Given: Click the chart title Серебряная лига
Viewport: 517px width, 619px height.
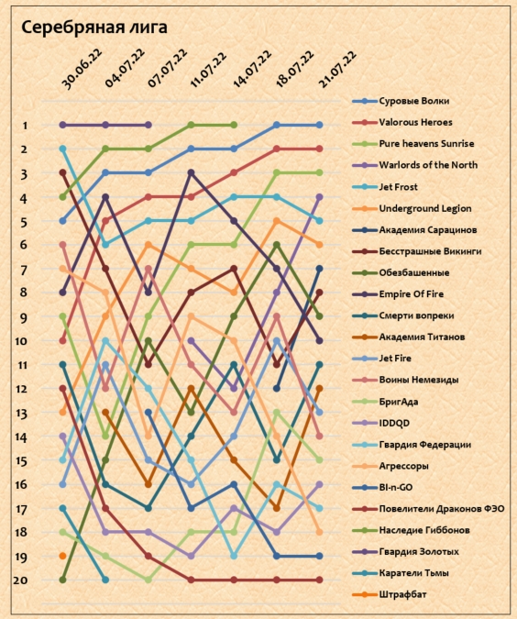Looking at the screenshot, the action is (94, 28).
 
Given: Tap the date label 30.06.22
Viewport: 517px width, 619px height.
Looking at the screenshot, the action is (82, 69).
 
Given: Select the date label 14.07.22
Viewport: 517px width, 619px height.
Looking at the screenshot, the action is (253, 69).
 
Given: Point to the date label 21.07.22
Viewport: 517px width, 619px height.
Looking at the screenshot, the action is (338, 69).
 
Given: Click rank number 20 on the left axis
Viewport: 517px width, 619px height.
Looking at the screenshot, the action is (20, 580).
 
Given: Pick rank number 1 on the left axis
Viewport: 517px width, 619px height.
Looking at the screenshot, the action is (26, 126).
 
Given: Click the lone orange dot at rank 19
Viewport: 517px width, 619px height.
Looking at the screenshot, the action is (62, 556).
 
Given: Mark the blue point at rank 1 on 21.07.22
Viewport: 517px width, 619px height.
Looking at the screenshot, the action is (319, 125).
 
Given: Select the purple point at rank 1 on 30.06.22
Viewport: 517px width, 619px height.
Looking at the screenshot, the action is (62, 125).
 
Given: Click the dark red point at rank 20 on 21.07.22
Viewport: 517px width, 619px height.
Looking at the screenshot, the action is (319, 580).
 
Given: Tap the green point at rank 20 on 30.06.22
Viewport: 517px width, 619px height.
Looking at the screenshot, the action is (62, 580).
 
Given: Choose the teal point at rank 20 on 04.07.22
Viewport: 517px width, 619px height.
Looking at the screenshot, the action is (105, 580).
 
